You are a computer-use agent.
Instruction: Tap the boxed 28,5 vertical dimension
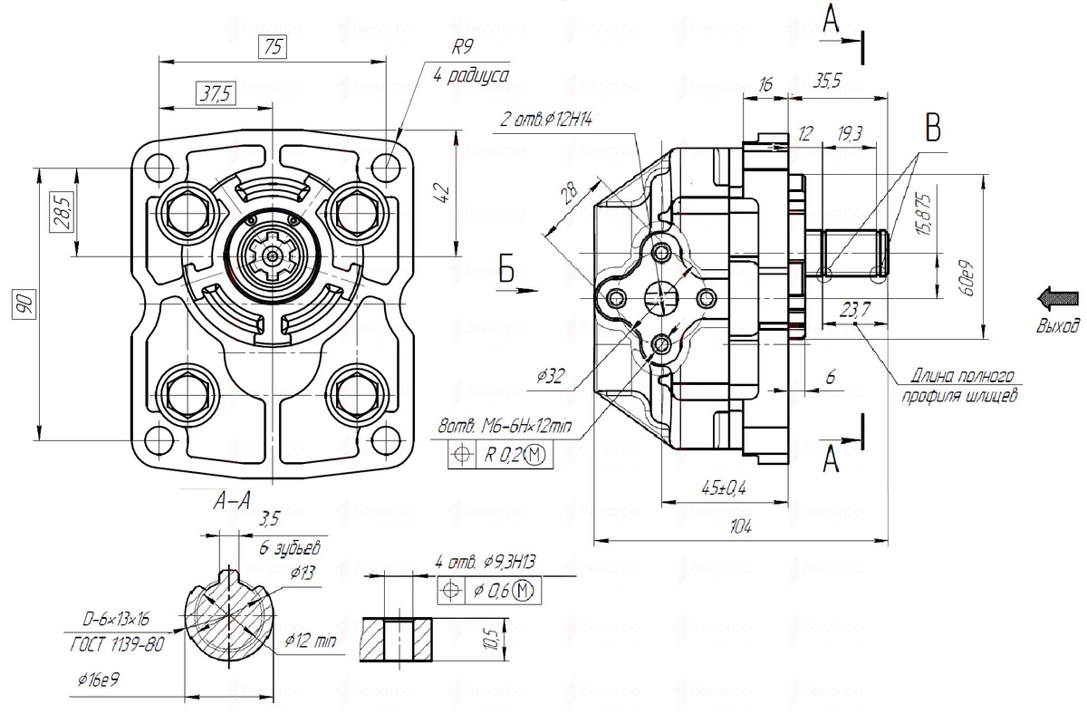(x=60, y=214)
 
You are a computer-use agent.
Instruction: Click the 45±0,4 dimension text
(x=723, y=488)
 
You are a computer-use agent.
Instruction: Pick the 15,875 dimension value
(x=923, y=214)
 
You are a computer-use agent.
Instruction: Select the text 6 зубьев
(x=290, y=549)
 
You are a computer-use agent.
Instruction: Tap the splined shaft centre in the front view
(x=272, y=257)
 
